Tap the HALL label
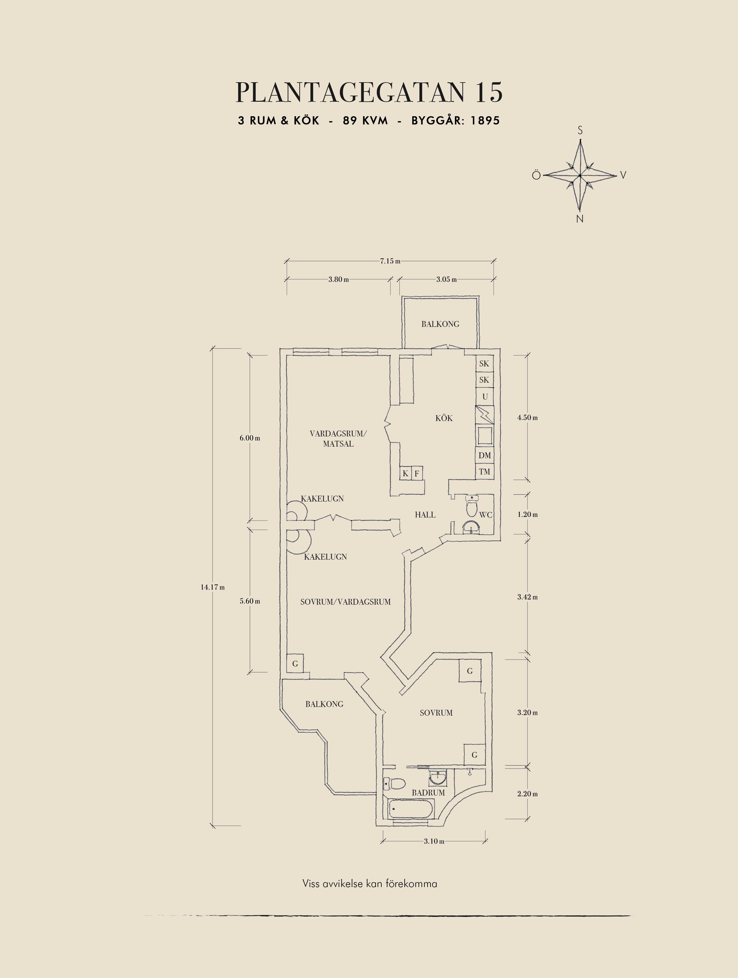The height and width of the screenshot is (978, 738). click(x=425, y=515)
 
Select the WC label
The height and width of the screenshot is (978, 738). click(x=485, y=515)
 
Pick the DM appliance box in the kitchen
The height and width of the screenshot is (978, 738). click(x=485, y=455)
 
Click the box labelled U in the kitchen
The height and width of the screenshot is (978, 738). click(x=485, y=397)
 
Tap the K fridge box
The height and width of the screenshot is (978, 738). click(x=405, y=474)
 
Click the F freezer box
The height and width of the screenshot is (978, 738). click(x=417, y=474)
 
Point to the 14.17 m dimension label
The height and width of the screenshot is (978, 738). click(x=213, y=587)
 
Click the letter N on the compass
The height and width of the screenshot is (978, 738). click(x=580, y=219)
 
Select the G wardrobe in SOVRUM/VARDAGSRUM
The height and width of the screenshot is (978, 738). click(x=295, y=664)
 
